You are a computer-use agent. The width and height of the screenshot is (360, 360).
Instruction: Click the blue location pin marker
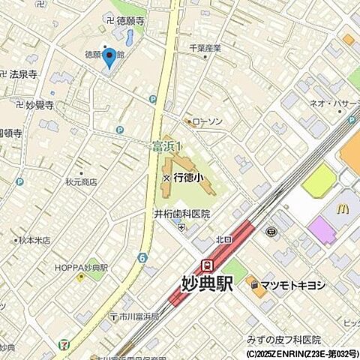pyautogui.click(x=109, y=58)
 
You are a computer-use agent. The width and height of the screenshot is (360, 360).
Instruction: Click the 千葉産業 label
pyautogui.click(x=205, y=48)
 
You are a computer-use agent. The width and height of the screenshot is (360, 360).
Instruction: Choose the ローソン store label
pyautogui.click(x=208, y=121)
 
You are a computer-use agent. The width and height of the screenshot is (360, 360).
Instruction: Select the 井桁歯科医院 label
pyautogui.click(x=182, y=214)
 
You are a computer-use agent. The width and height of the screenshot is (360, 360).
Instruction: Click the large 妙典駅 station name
pyautogui.click(x=207, y=284)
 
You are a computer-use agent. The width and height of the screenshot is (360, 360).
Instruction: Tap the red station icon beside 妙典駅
pyautogui.click(x=207, y=265)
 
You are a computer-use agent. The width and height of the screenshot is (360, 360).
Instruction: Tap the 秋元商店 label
pyautogui.click(x=81, y=182)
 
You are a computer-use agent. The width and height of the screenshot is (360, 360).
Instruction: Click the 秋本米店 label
pyautogui.click(x=34, y=241)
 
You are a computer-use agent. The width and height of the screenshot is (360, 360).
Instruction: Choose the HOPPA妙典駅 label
pyautogui.click(x=82, y=267)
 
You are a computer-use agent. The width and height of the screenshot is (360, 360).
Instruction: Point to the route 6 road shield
pyautogui.click(x=142, y=257)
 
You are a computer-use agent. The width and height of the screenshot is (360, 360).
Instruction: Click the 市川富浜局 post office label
pyautogui.click(x=135, y=317)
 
